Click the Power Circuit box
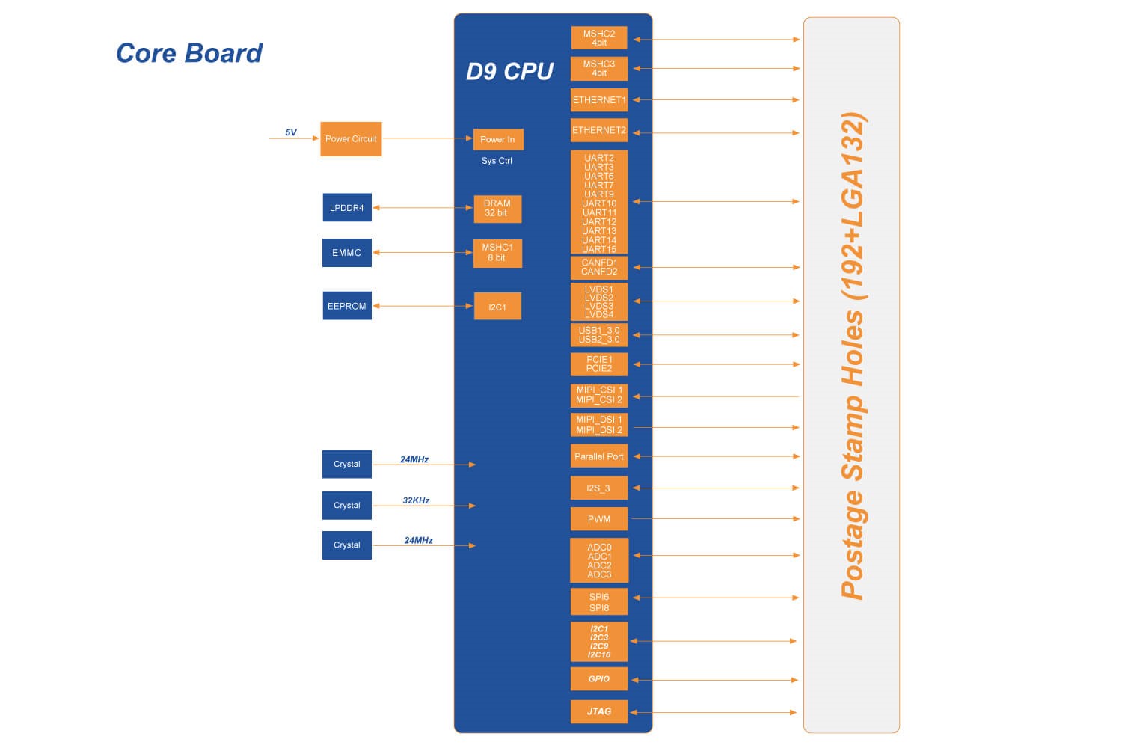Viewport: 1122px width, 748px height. coord(351,139)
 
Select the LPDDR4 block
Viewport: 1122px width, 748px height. coord(347,208)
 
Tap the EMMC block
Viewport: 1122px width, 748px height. coord(347,253)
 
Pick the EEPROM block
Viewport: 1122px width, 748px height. coord(347,306)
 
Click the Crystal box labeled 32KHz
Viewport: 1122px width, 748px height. coord(347,505)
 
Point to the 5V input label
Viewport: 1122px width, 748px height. coord(291,132)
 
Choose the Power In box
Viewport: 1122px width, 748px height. coord(497,139)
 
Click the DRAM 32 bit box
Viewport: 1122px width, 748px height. coord(497,208)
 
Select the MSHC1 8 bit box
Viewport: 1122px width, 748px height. coord(497,253)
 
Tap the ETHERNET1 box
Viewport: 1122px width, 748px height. coord(599,100)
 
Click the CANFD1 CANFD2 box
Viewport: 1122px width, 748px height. coord(599,267)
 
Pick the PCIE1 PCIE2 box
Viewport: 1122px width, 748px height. coord(599,364)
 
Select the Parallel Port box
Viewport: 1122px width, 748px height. coord(599,456)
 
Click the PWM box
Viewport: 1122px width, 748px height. coord(599,519)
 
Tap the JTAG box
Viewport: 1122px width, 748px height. coord(599,711)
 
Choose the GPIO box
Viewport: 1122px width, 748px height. coord(599,679)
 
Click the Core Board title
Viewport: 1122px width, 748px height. coord(189,53)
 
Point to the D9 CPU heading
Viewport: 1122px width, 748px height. coord(509,72)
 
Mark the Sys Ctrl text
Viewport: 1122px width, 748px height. coord(497,161)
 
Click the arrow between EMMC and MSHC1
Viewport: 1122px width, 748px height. coord(423,253)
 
